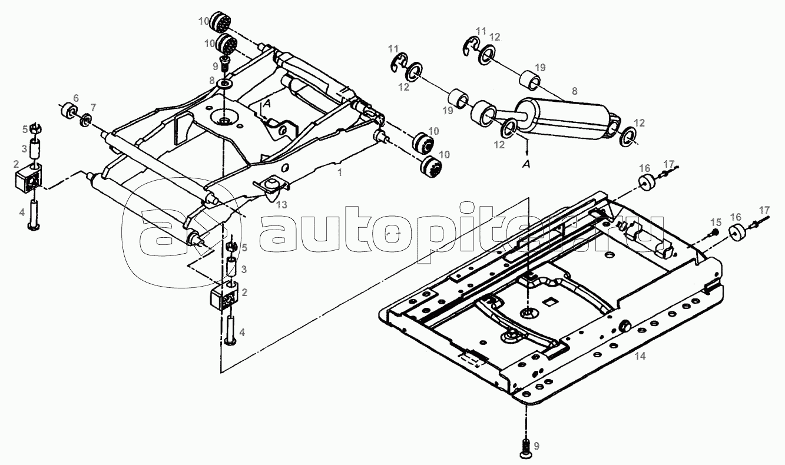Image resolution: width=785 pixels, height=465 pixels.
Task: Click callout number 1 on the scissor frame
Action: click(x=339, y=172)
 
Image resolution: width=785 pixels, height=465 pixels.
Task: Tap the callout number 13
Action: click(x=281, y=205)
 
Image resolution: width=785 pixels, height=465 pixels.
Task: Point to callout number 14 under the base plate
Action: click(x=640, y=356)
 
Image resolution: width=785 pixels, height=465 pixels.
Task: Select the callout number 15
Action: click(x=716, y=222)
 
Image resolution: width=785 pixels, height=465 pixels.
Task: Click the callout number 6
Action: click(x=76, y=98)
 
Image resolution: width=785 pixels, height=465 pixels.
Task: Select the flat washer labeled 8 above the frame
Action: click(x=225, y=84)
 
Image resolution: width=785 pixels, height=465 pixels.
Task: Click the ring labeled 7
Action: click(x=86, y=119)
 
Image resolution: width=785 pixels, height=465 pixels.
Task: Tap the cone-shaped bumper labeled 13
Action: click(x=271, y=191)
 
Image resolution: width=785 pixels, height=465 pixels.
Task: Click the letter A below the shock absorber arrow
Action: click(x=526, y=164)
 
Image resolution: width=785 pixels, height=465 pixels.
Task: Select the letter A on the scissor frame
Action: click(x=267, y=103)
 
